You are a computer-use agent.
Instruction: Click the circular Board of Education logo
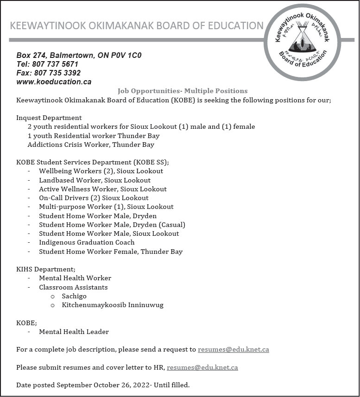pos(302,42)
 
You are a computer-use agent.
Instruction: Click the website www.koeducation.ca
pos(54,82)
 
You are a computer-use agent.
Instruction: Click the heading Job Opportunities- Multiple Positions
pos(182,91)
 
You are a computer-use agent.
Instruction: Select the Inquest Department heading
pos(49,118)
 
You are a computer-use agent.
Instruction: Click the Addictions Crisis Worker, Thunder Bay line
pos(90,145)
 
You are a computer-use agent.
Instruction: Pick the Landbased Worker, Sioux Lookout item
pos(95,180)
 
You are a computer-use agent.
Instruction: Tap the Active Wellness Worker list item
pos(102,189)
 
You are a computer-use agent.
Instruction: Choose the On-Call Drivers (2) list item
pos(94,198)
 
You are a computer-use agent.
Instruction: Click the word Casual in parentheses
pos(172,225)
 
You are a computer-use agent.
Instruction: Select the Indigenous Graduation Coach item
pos(87,242)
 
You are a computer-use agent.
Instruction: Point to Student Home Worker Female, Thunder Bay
pos(111,252)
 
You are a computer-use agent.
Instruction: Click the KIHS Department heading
pos(45,269)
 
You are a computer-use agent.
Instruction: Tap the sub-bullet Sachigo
pos(74,296)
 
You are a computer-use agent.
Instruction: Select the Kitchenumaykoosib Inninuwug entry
pos(113,305)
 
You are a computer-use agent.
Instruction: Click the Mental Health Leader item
pos(74,332)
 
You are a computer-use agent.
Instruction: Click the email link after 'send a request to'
pos(233,349)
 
